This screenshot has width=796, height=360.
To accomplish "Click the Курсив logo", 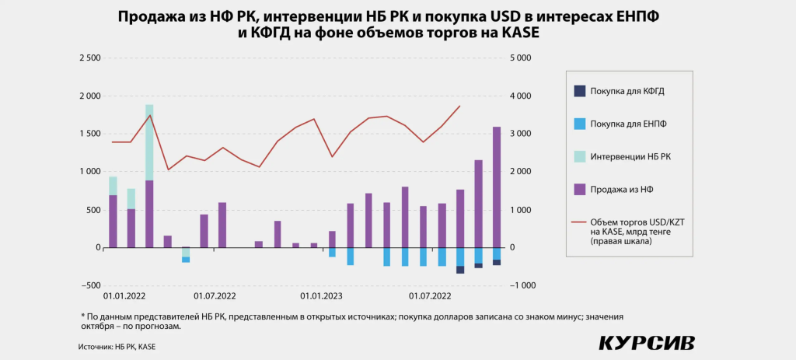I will pos(647,343).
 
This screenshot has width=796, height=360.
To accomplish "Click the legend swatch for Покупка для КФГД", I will pos(579,91).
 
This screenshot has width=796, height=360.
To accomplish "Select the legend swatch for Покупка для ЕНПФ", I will pos(579,124).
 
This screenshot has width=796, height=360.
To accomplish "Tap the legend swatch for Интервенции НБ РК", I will pos(579,156).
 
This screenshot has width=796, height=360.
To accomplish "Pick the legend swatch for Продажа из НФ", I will pos(579,189).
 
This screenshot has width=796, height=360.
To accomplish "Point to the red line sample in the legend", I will pos(579,222).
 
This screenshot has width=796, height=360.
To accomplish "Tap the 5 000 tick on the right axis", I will pos(520,58).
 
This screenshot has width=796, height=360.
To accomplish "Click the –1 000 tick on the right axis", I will pos(521,285).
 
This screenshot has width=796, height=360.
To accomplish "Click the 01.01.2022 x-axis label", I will pos(124,296).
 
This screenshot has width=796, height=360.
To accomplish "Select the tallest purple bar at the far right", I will pos(497,187).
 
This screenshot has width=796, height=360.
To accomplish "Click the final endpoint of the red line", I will pos(460,106).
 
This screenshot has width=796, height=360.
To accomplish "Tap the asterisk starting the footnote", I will pos(82,316).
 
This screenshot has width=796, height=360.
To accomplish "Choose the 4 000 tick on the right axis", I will pos(520,96).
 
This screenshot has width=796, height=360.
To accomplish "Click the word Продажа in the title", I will pos(154,16).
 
